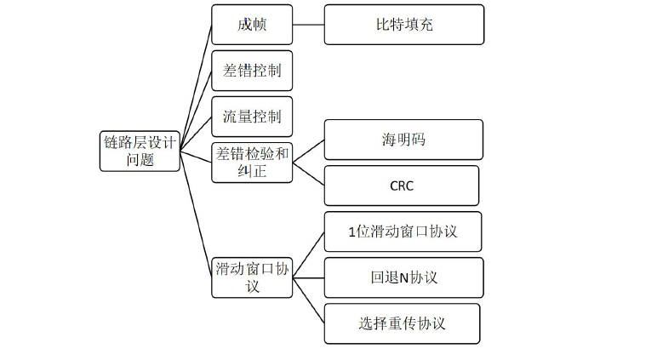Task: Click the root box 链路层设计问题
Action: [140, 151]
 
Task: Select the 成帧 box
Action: [252, 25]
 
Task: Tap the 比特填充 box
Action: [404, 25]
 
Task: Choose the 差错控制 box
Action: [252, 71]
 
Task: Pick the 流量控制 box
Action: [252, 117]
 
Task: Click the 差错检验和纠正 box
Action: [252, 162]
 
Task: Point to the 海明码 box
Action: [403, 140]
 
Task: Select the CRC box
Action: [401, 186]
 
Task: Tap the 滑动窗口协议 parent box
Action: [252, 277]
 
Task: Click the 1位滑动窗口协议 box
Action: [403, 231]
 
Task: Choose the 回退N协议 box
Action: [403, 277]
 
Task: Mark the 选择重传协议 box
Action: [402, 323]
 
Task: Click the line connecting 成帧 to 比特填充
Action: [308, 25]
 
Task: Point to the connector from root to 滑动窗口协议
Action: [196, 213]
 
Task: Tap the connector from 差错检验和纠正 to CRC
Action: [308, 174]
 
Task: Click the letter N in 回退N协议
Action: [404, 278]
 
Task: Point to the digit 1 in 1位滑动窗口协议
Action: [352, 232]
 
